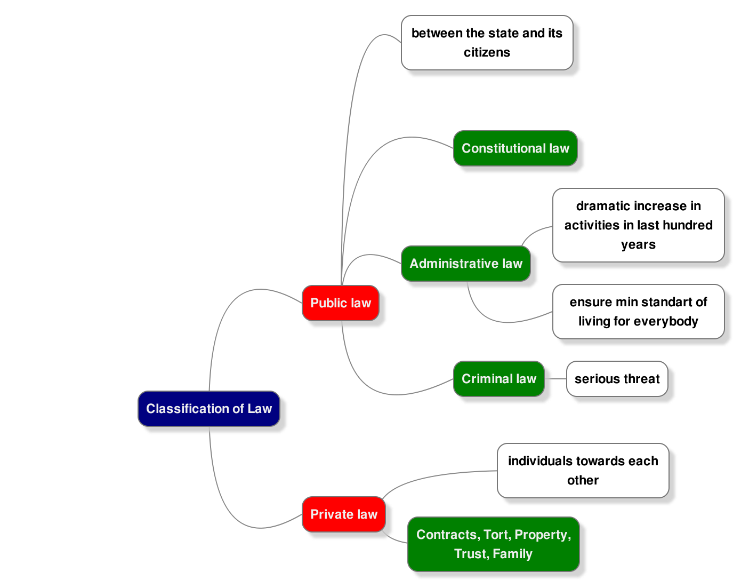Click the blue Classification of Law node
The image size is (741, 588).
coord(209,409)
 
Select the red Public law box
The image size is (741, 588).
coord(341,303)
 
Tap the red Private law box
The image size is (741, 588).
coord(344,514)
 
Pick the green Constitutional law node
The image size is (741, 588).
coord(516,148)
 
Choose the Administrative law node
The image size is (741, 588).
coord(466,264)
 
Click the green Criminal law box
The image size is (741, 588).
coord(499,379)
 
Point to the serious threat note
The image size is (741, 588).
coord(617,379)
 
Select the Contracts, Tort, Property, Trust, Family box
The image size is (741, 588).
coord(494,544)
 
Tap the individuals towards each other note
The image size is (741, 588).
coord(583,471)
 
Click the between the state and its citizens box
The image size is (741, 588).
coord(487,43)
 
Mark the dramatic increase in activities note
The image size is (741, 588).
coord(638,225)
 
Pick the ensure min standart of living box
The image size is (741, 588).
coord(638,312)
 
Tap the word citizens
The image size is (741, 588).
coord(487,52)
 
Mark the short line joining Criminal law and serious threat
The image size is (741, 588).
coord(555,379)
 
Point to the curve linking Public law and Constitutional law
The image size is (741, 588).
coord(373,155)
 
